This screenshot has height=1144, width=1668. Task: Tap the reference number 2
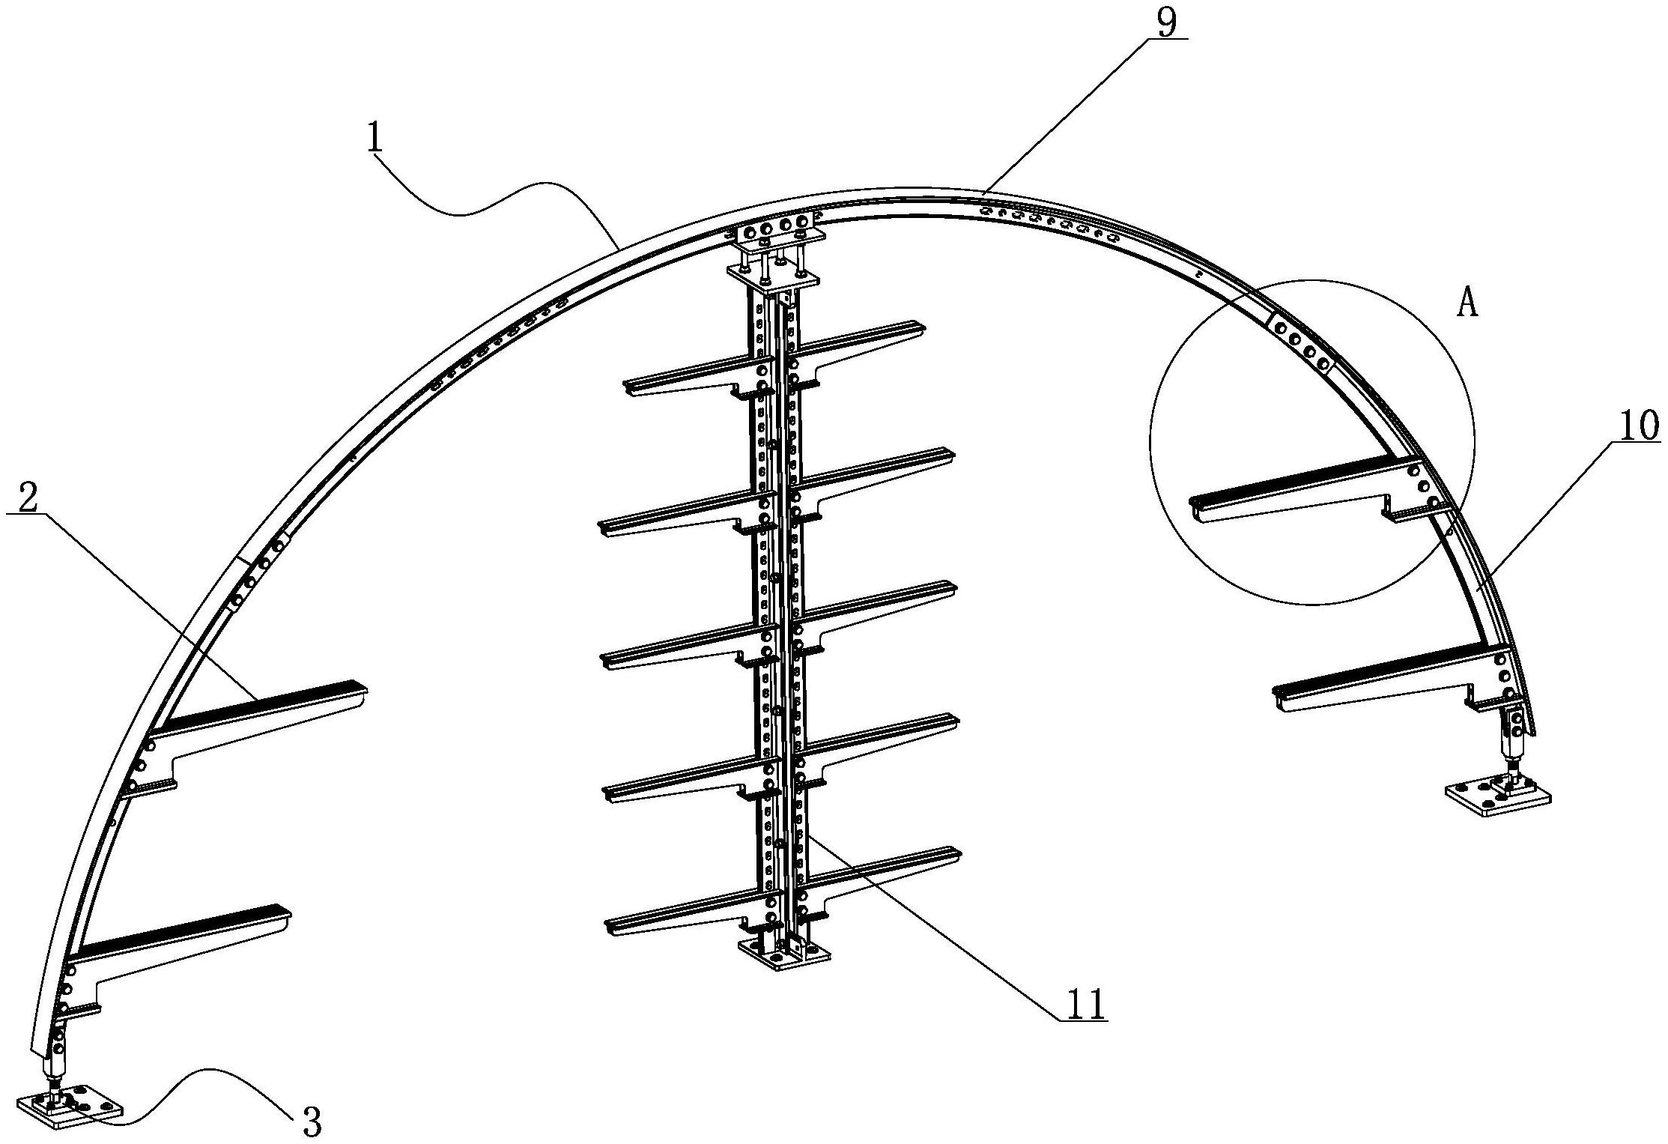tap(28, 498)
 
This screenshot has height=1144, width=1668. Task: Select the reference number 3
tap(311, 1122)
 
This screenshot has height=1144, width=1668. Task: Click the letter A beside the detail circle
tap(1468, 305)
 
